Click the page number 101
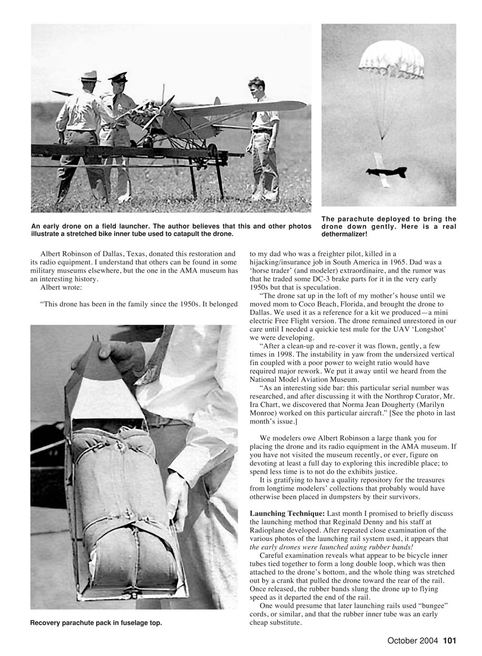pyautogui.click(x=449, y=641)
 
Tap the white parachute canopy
pyautogui.click(x=391, y=57)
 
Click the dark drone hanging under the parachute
pyautogui.click(x=387, y=172)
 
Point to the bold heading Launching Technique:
pyautogui.click(x=287, y=513)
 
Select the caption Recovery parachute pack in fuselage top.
pyautogui.click(x=96, y=623)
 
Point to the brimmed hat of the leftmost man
pyautogui.click(x=90, y=76)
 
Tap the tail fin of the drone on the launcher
pyautogui.click(x=217, y=102)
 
